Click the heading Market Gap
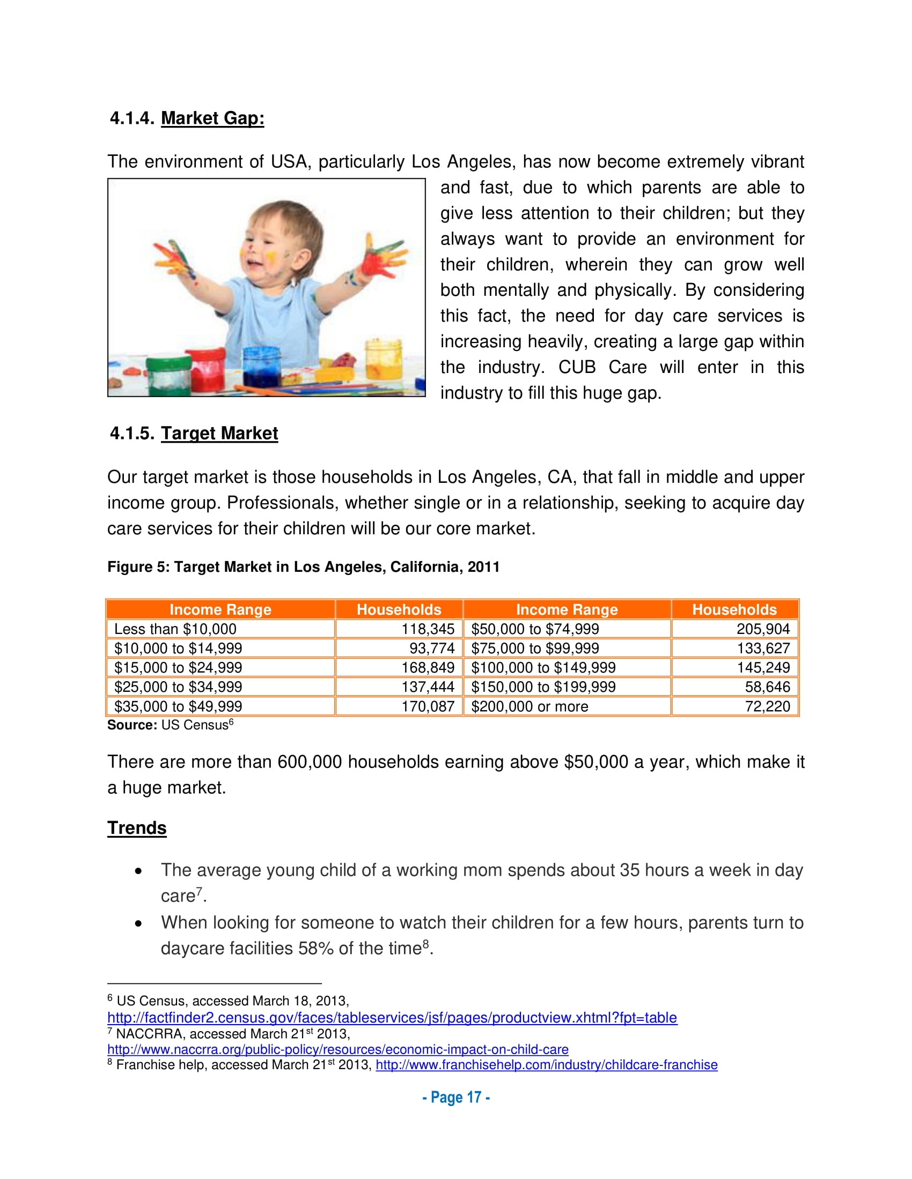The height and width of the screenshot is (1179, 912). pyautogui.click(x=212, y=118)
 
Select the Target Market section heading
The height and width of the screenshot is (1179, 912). pyautogui.click(x=219, y=434)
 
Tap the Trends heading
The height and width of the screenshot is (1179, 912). pyautogui.click(x=137, y=828)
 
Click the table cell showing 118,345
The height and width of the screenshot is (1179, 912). pyautogui.click(x=428, y=629)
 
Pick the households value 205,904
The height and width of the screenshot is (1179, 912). pyautogui.click(x=762, y=629)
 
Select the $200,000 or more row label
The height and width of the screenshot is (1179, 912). pyautogui.click(x=529, y=707)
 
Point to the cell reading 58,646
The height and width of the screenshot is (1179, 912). pyautogui.click(x=767, y=687)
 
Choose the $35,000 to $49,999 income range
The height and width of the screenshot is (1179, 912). pyautogui.click(x=178, y=707)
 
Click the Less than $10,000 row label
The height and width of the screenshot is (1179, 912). pyautogui.click(x=175, y=629)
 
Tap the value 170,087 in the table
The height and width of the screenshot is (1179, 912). pyautogui.click(x=428, y=707)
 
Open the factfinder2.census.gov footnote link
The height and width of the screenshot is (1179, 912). pyautogui.click(x=392, y=1018)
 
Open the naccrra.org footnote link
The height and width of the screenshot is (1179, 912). pyautogui.click(x=337, y=1049)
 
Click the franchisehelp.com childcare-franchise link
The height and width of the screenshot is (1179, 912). pyautogui.click(x=546, y=1065)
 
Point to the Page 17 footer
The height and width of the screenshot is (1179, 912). pyautogui.click(x=456, y=1098)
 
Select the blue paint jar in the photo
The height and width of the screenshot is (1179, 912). pyautogui.click(x=261, y=367)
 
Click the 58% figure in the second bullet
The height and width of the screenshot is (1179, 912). pyautogui.click(x=315, y=949)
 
